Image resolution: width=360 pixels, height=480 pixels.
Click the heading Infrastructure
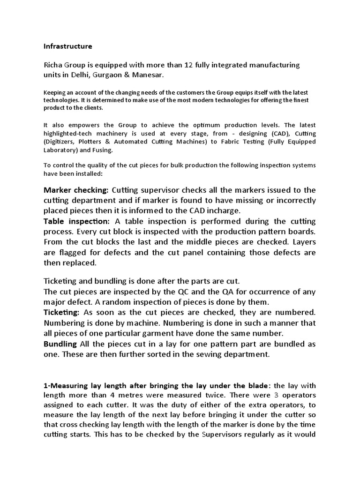pyautogui.click(x=67, y=46)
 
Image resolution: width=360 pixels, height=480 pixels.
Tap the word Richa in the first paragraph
pyautogui.click(x=54, y=64)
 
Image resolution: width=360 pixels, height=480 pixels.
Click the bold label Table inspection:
pyautogui.click(x=77, y=221)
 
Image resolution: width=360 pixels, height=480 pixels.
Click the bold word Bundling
pyautogui.click(x=60, y=344)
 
